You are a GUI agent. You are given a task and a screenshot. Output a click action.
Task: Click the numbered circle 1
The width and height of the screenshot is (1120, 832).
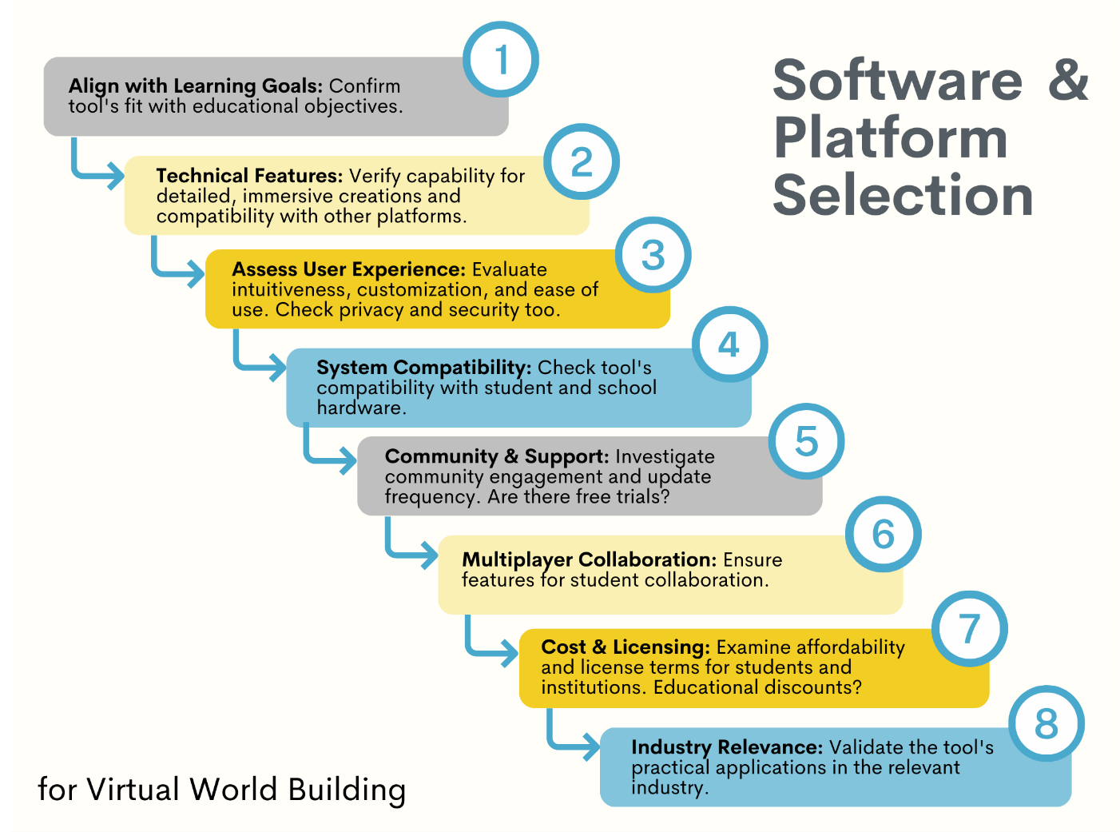pos(501,60)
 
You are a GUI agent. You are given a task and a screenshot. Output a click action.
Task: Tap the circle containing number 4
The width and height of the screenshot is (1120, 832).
pos(729,344)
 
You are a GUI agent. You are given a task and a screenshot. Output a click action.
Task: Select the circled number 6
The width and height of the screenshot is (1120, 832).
pos(883,534)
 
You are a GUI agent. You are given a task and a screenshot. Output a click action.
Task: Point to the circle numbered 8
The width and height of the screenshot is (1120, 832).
pos(1046,723)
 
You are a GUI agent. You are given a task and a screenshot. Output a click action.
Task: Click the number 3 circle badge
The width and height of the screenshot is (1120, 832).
pos(653,255)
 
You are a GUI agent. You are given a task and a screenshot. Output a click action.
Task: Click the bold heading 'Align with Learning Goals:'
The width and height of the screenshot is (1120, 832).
pos(196,86)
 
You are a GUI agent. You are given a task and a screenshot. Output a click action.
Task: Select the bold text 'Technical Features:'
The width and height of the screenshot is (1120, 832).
pos(249,176)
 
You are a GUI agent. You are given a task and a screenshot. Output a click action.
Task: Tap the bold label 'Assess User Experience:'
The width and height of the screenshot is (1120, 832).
pos(348,269)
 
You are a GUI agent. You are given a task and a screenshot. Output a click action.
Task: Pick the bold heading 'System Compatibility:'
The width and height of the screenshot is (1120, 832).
pos(423,368)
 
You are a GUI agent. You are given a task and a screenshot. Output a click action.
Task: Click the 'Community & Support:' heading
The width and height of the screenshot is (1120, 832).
pos(497,456)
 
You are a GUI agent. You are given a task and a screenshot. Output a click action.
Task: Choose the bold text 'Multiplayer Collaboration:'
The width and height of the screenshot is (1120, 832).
pos(589,559)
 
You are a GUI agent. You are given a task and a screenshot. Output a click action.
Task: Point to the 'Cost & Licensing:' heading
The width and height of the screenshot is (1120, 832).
pos(626,647)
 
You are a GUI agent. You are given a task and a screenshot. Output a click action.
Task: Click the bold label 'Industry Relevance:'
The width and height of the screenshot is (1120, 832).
pos(726,747)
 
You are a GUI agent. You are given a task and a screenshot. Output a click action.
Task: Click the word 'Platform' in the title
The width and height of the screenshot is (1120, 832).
pos(891,138)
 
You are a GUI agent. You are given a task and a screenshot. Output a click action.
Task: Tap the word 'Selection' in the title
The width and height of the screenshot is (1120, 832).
pos(903,196)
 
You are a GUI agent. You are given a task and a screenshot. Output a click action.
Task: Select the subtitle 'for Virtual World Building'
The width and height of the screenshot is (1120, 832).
pos(222,790)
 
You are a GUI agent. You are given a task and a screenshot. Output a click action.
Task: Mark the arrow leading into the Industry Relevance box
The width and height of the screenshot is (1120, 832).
pos(573,745)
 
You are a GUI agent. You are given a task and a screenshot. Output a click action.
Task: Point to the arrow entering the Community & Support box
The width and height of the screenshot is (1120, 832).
pos(329,458)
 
